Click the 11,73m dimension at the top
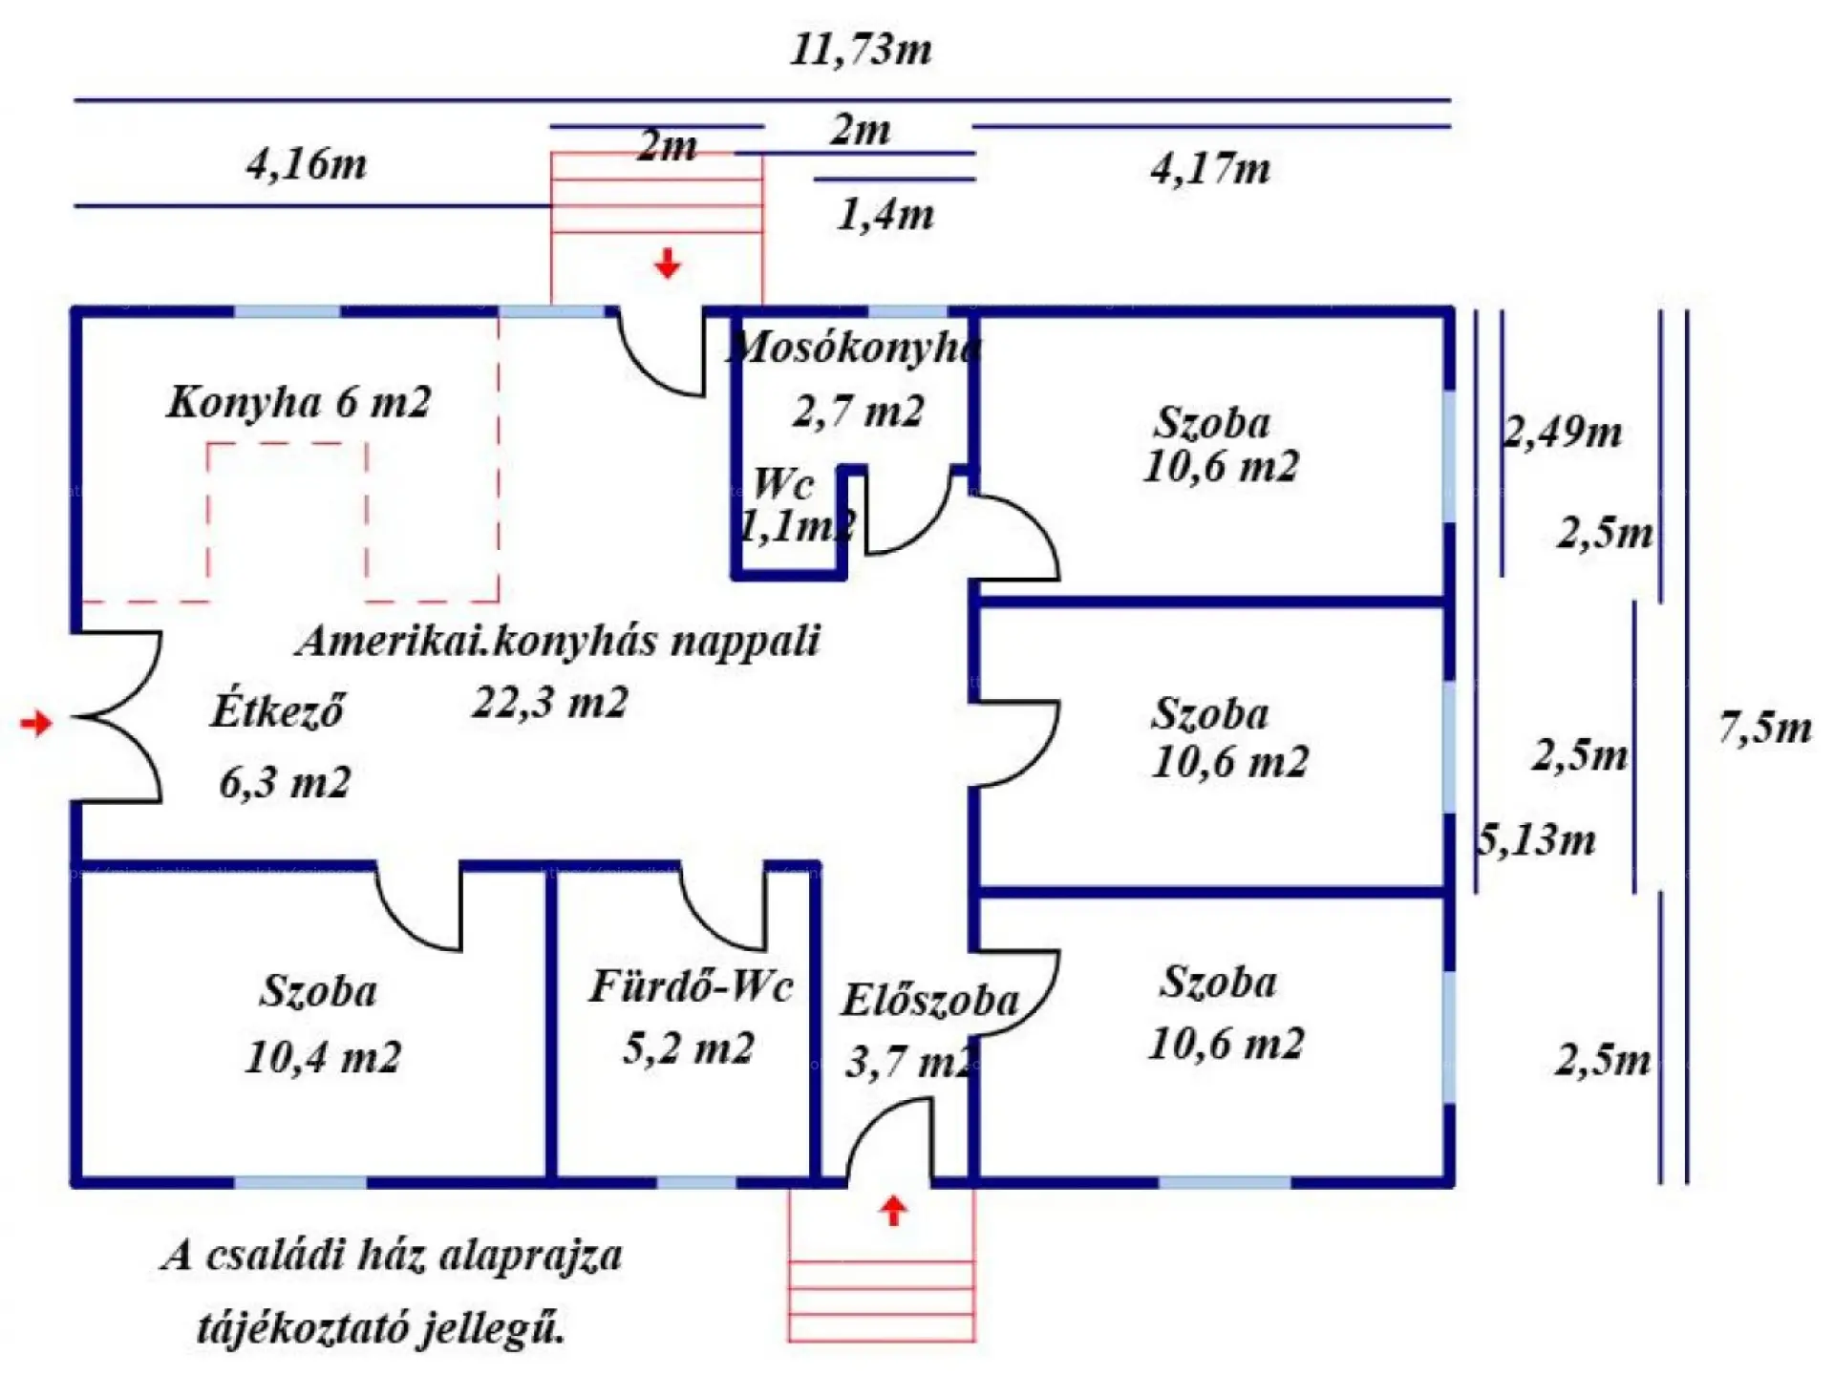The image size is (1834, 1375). (861, 50)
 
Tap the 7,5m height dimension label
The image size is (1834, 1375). (1765, 728)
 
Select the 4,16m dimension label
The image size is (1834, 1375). (307, 164)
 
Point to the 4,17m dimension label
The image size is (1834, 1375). (1210, 169)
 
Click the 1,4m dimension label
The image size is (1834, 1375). (885, 215)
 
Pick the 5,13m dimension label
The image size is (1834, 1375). (1537, 839)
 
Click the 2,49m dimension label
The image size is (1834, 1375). (1563, 433)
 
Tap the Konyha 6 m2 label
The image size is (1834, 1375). (299, 402)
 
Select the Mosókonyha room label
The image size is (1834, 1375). (853, 347)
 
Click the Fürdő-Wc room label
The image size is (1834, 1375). (691, 986)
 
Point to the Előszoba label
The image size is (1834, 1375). (929, 1001)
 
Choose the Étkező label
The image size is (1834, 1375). (277, 711)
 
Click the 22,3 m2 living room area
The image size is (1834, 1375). (550, 704)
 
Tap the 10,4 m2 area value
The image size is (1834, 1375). (323, 1057)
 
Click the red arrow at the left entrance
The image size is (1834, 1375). (36, 723)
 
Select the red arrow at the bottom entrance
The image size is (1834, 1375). (893, 1211)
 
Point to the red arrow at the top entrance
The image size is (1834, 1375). (668, 263)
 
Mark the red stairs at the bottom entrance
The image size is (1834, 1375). (882, 1289)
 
